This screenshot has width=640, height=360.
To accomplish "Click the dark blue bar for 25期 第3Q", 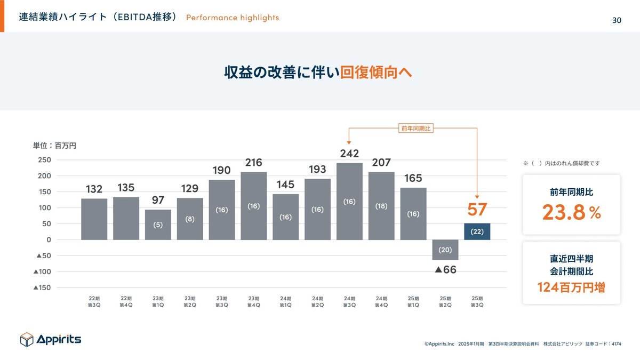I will coord(477,231).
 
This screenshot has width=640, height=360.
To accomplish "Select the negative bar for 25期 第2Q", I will coord(445,250).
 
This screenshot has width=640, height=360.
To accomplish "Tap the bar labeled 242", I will coord(349,201).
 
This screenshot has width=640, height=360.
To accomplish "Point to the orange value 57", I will coord(477,210).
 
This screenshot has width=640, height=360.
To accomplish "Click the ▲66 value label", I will coord(446,270).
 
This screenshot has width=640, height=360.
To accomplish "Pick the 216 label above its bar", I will coord(254,163).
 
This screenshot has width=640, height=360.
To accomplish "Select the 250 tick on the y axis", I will coord(44,160).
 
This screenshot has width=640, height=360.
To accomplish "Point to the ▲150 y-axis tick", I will coord(42,288).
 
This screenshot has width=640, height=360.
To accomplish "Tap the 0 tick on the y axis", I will coord(49,240).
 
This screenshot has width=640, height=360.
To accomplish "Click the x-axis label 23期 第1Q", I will coord(158,301).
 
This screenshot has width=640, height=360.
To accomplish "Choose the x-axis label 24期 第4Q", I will coord(381,301).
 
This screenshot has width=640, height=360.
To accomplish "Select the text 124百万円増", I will coord(571,287).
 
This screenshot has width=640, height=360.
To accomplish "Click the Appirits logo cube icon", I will coord(27,339).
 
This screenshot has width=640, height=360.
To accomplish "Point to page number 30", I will coord(617,20).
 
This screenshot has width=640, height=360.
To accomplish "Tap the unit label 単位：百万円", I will coord(54,146).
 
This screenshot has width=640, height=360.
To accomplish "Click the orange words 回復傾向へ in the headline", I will coord(376,73).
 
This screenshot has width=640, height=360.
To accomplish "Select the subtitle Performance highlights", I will coord(233,18).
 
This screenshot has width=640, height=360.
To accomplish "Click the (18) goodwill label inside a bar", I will coord(381,206).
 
